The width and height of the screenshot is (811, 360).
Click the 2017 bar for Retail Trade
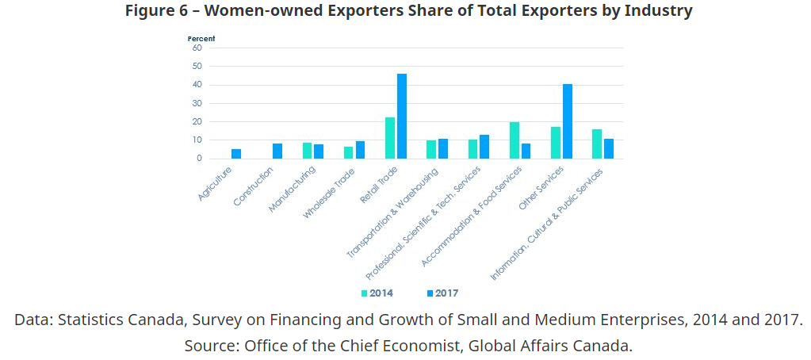pyautogui.click(x=402, y=117)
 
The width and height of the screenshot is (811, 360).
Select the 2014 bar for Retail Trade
pyautogui.click(x=390, y=138)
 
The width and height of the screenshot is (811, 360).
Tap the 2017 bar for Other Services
pyautogui.click(x=568, y=121)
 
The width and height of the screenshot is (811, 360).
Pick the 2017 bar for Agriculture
pyautogui.click(x=236, y=154)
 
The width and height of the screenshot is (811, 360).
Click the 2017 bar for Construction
pyautogui.click(x=277, y=151)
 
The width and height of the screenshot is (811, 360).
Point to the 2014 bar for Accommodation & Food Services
pyautogui.click(x=515, y=140)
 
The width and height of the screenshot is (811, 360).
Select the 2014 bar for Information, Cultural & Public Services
pyautogui.click(x=597, y=144)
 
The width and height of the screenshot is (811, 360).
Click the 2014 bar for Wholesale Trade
pyautogui.click(x=348, y=152)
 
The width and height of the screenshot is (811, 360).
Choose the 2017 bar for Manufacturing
pyautogui.click(x=319, y=151)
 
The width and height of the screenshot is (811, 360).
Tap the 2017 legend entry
pyautogui.click(x=442, y=293)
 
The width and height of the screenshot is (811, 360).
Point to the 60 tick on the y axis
pyautogui.click(x=197, y=48)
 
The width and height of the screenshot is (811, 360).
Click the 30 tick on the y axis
pyautogui.click(x=197, y=103)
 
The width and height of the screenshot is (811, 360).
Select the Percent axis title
pyautogui.click(x=201, y=38)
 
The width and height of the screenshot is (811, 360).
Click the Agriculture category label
pyautogui.click(x=216, y=180)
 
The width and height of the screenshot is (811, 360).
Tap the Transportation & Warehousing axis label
pyautogui.click(x=392, y=213)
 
